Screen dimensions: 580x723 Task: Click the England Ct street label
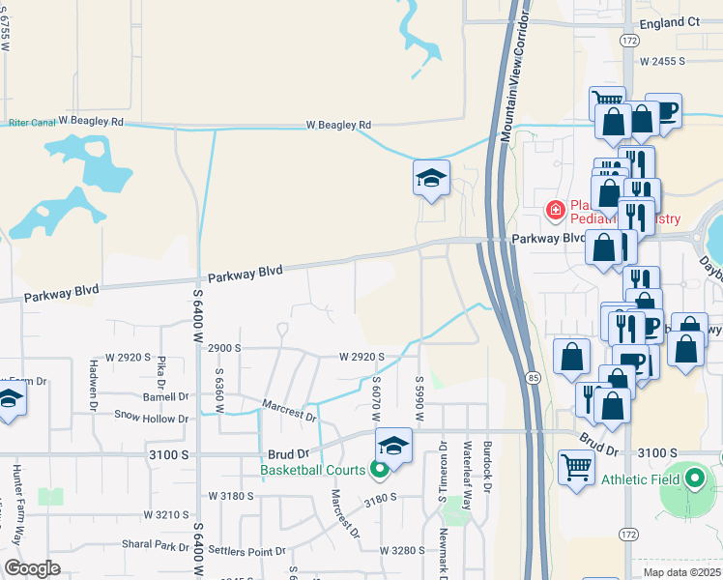(x=665, y=21)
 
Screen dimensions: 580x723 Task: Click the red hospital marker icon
(x=555, y=209)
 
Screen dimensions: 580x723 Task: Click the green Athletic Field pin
(x=694, y=478)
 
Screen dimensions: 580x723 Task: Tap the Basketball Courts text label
(x=312, y=471)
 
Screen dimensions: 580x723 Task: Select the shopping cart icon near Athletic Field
(x=576, y=468)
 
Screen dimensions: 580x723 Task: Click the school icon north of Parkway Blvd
(x=431, y=177)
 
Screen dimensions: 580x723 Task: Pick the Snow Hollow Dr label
(x=151, y=419)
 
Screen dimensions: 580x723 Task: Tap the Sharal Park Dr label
(x=154, y=544)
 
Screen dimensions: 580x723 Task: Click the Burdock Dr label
(x=488, y=467)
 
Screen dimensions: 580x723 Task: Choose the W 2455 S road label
(x=662, y=60)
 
